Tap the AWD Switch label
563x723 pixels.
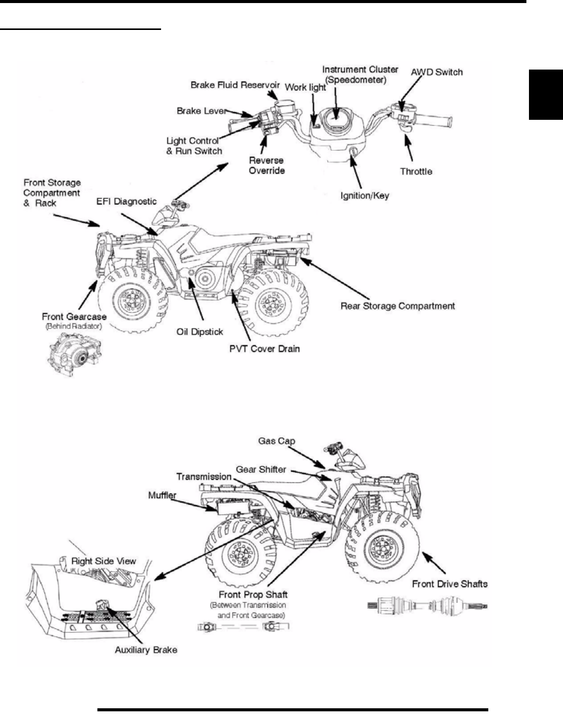coord(436,72)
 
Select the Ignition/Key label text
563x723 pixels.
coord(364,195)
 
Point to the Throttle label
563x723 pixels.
coord(416,172)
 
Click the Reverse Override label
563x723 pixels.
coord(266,166)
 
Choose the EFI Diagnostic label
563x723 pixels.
coord(127,202)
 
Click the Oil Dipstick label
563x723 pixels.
coord(200,332)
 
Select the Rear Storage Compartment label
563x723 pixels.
coord(397,306)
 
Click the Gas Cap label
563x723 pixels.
coord(276,441)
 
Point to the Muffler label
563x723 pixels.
coord(162,495)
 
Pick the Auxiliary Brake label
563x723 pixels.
coord(146,649)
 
